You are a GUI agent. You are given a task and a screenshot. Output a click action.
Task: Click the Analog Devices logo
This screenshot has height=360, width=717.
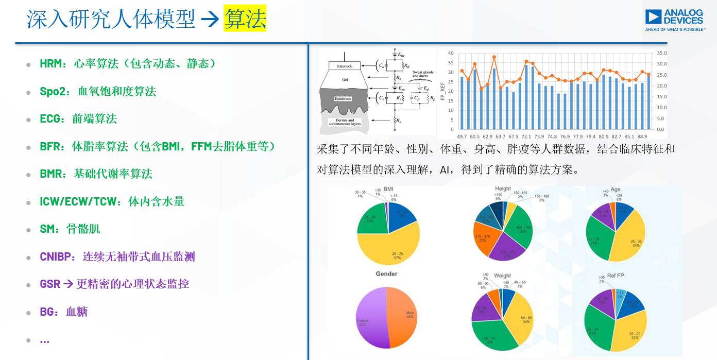pyautogui.click(x=675, y=20)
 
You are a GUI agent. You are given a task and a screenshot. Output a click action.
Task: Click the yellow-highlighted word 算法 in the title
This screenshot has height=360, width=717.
pyautogui.click(x=245, y=19)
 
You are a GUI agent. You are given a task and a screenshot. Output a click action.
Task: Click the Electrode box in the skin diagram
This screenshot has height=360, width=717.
pyautogui.click(x=344, y=66)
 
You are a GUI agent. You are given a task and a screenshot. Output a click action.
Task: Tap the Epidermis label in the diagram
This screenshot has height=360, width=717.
pyautogui.click(x=343, y=98)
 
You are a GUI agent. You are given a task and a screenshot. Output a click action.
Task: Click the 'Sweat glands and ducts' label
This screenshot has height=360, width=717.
pyautogui.click(x=423, y=74)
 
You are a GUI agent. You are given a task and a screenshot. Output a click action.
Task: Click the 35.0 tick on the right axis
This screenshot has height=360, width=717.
pyautogui.click(x=661, y=53)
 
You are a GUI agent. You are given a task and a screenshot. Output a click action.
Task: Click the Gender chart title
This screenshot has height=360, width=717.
pyautogui.click(x=386, y=274)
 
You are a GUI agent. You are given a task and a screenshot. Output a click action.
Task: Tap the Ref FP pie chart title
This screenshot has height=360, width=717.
pyautogui.click(x=615, y=276)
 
